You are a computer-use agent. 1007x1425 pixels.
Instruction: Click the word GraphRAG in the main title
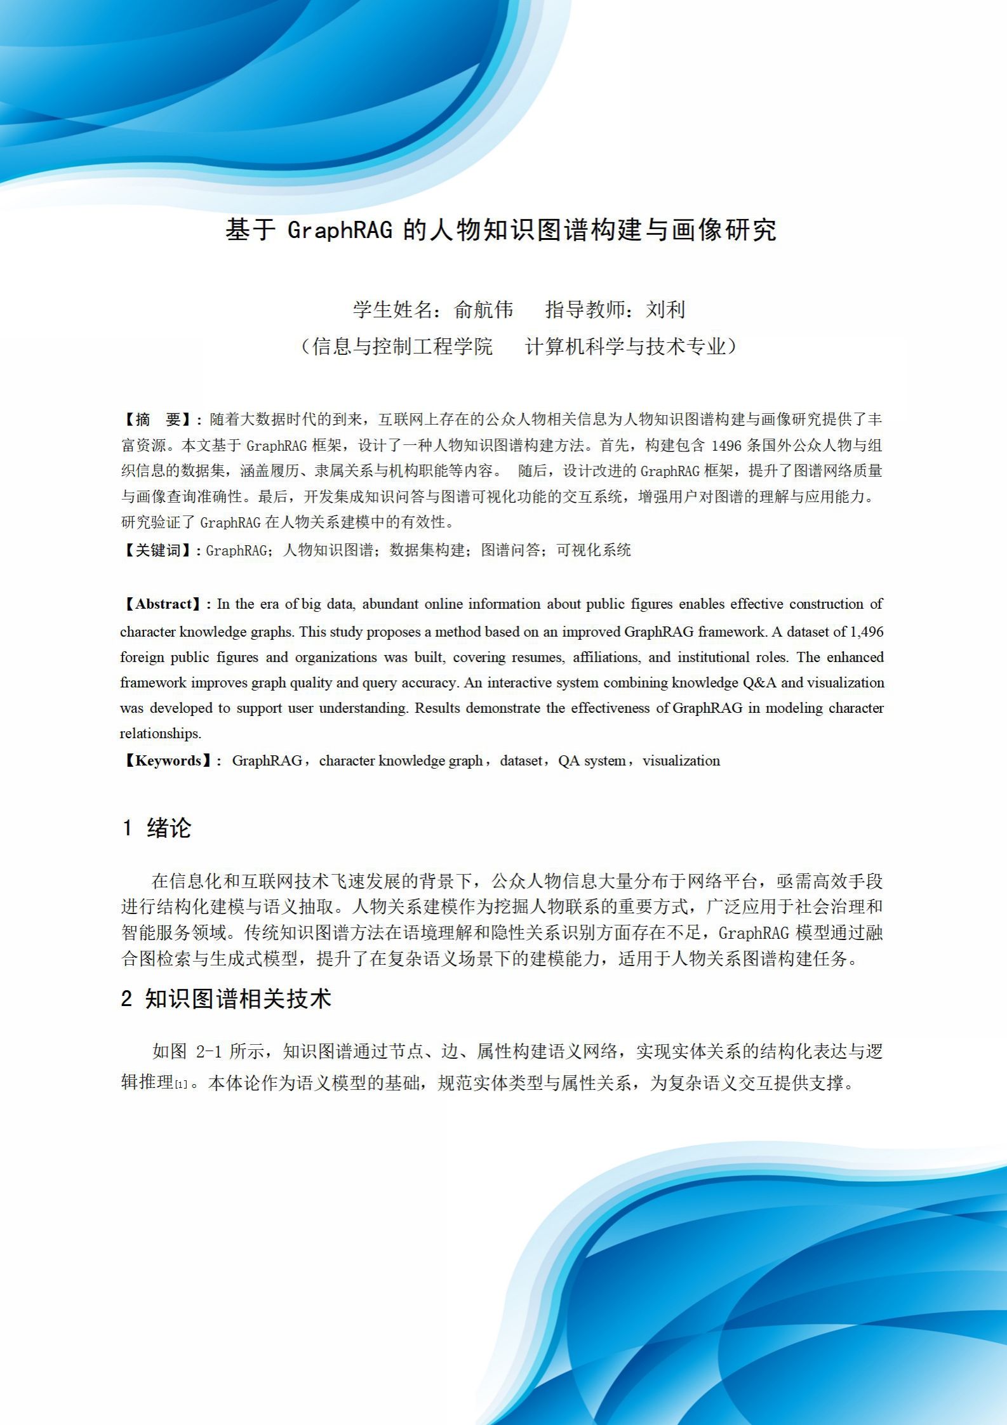[340, 230]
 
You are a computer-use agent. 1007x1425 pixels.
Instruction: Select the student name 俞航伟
[484, 309]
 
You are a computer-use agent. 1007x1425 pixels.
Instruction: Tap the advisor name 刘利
[666, 309]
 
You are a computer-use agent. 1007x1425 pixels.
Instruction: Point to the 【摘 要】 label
[159, 420]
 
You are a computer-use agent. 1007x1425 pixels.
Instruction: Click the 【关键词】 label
[159, 550]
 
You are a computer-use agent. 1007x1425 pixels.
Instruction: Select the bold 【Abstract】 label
[163, 604]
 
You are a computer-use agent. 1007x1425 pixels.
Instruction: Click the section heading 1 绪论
[156, 828]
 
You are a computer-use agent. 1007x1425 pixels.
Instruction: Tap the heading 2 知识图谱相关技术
[226, 998]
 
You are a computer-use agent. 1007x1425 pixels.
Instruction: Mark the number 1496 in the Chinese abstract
[726, 446]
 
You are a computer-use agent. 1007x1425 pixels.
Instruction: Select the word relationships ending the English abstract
[160, 733]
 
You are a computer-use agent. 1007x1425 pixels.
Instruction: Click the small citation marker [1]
[182, 1085]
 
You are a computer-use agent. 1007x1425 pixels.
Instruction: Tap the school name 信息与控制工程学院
[403, 346]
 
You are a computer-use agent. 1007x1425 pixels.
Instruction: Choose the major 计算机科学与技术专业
[625, 346]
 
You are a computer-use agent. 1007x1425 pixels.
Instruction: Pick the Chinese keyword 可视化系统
[594, 550]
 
